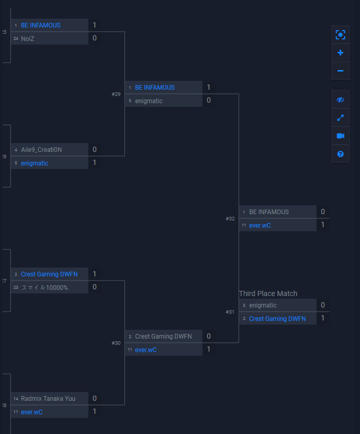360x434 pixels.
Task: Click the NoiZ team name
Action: tap(27, 39)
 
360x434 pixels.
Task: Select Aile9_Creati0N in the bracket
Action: tap(41, 150)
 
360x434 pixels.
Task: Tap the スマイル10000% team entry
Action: tap(45, 288)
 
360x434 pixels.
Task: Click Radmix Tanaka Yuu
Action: tap(48, 399)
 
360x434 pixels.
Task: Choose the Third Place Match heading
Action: tap(268, 293)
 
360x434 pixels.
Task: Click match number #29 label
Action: tap(116, 94)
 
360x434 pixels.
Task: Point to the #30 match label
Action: tap(116, 343)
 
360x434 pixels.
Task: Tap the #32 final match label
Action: tap(230, 219)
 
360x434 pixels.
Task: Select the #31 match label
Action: tap(230, 312)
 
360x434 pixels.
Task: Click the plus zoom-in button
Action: tap(340, 52)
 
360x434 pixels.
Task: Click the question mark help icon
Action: tap(340, 154)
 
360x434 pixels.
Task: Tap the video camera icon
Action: tap(340, 136)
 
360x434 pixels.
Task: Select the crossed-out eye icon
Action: tap(340, 100)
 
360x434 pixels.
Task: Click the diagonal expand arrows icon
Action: tap(340, 118)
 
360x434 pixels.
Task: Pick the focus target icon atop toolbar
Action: tap(340, 35)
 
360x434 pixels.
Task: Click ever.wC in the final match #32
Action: tap(260, 226)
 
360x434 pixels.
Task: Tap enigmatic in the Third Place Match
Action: tap(263, 305)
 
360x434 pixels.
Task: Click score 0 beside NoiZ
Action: tap(94, 38)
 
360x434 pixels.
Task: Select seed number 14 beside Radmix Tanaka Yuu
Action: tap(16, 399)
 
